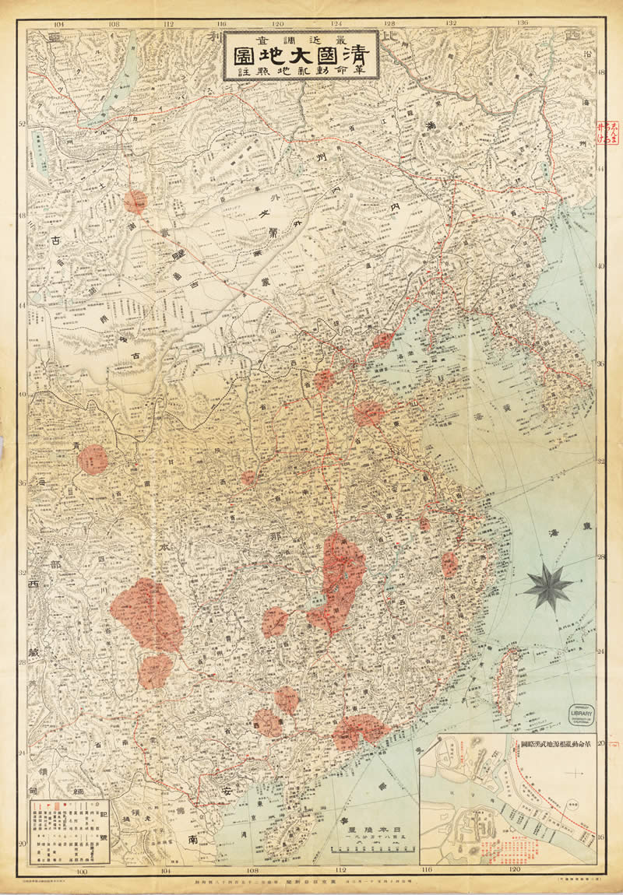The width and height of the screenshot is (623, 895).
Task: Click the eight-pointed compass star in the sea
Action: pyautogui.click(x=548, y=586)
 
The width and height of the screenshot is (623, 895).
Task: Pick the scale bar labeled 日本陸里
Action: pyautogui.click(x=364, y=834)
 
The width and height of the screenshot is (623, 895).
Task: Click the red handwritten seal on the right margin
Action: pyautogui.click(x=602, y=131)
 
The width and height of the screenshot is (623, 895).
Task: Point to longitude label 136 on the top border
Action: pyautogui.click(x=523, y=23)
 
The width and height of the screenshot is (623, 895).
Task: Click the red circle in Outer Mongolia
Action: pyautogui.click(x=136, y=202)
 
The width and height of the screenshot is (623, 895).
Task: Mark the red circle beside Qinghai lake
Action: pyautogui.click(x=93, y=459)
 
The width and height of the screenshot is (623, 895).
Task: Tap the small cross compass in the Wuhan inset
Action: pyautogui.click(x=575, y=773)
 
